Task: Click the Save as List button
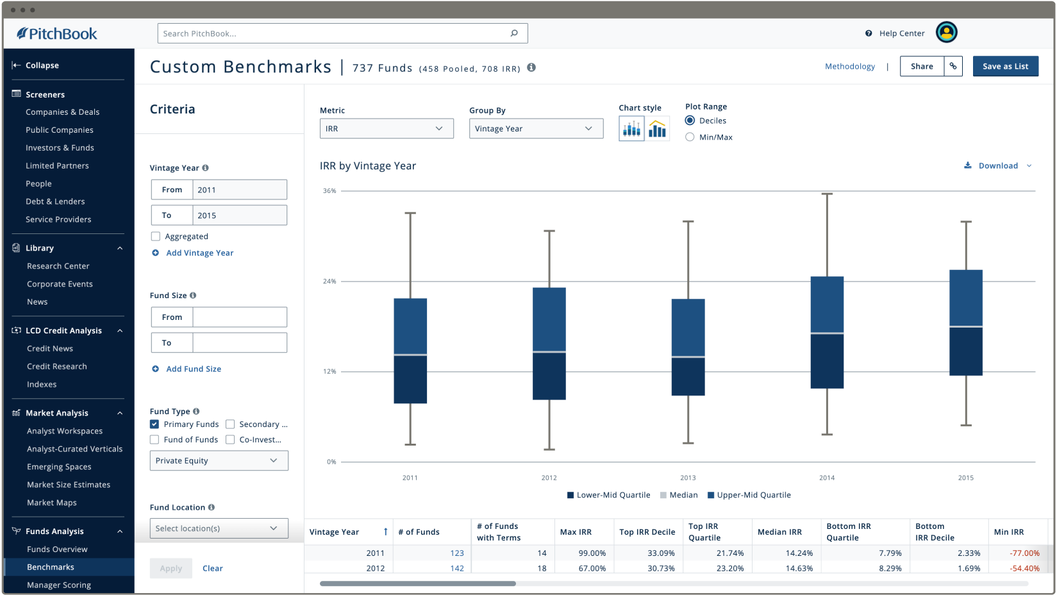(x=1005, y=66)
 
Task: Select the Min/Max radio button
(x=690, y=137)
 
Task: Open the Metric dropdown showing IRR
(x=387, y=128)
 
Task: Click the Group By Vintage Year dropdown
(x=536, y=128)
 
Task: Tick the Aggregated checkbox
(x=156, y=237)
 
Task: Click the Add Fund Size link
(x=194, y=369)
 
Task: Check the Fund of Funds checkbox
(x=154, y=440)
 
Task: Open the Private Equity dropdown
(x=219, y=460)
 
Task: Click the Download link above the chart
(x=997, y=165)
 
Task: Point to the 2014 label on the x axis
(x=827, y=478)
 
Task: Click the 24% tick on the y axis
(x=329, y=281)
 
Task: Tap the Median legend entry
(x=679, y=495)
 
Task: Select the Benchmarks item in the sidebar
(x=51, y=567)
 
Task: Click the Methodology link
(x=850, y=67)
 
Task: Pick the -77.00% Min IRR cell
(x=1024, y=553)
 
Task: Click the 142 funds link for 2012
(x=457, y=568)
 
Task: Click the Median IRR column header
(x=779, y=532)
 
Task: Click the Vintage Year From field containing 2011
(x=239, y=190)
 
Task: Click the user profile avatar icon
(x=946, y=33)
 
